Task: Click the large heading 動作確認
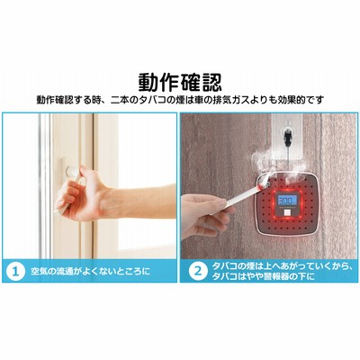click(x=180, y=83)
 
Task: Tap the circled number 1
click(x=15, y=272)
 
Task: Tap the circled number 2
click(x=198, y=272)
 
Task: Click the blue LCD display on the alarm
click(x=285, y=200)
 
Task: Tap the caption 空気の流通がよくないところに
click(x=91, y=272)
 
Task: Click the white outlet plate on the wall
click(x=287, y=137)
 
